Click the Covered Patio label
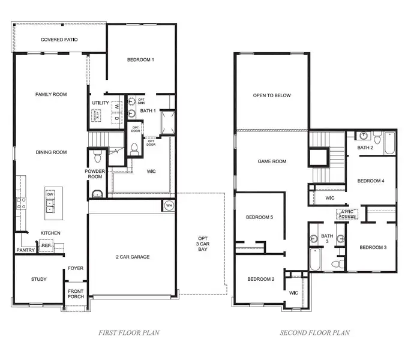(59, 40)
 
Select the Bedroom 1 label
(141, 59)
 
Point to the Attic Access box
(347, 213)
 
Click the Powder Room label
(95, 174)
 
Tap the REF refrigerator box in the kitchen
(46, 245)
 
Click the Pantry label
(26, 250)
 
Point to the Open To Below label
(271, 95)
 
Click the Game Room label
(272, 161)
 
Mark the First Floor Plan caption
(129, 332)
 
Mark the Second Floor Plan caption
(315, 332)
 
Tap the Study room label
(38, 279)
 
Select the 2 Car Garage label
(133, 257)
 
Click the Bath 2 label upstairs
(366, 148)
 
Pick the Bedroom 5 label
(260, 217)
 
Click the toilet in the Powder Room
(97, 158)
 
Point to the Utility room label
(100, 103)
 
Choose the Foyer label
(76, 268)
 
